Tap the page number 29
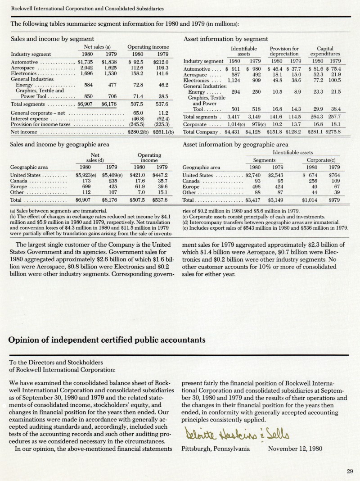350,472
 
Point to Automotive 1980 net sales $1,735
85,62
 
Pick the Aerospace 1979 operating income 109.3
161,68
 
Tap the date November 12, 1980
295,449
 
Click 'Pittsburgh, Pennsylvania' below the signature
216,449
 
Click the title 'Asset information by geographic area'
236,145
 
